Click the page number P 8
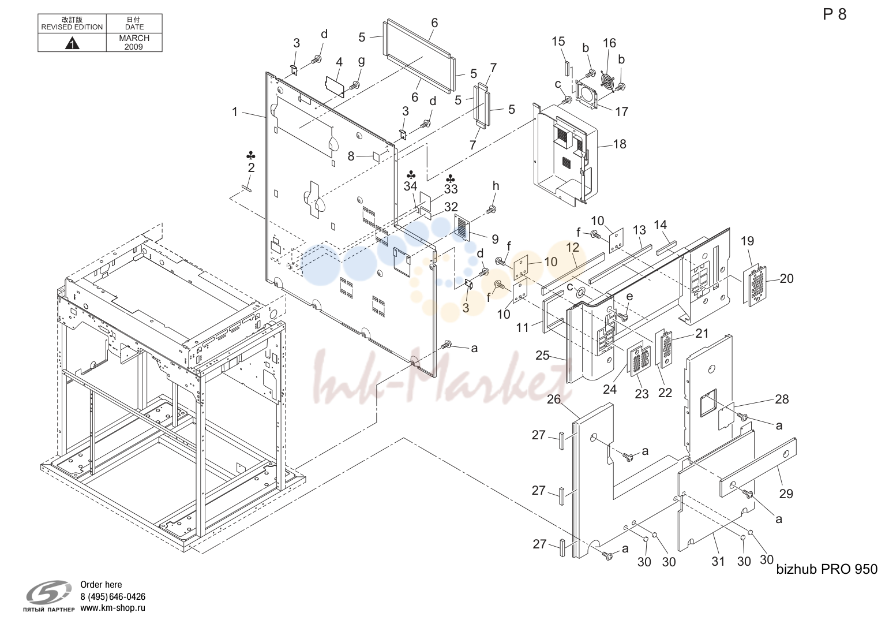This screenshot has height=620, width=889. click(x=835, y=14)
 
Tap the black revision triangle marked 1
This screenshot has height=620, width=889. click(x=72, y=43)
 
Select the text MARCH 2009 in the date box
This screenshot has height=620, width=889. click(x=134, y=43)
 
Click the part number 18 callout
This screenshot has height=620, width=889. click(x=620, y=144)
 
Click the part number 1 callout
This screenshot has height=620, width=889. click(x=235, y=111)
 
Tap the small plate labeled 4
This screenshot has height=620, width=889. click(x=334, y=86)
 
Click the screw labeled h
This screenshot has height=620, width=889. click(x=493, y=209)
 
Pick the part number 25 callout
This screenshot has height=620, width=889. click(x=542, y=355)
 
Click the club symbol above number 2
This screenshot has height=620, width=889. click(x=251, y=155)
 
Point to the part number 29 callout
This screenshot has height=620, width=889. click(x=786, y=494)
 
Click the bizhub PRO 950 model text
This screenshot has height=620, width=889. click(x=827, y=569)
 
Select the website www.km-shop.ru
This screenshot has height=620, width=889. click(x=112, y=608)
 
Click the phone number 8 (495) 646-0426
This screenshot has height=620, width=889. click(x=112, y=596)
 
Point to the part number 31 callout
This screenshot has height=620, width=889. click(x=718, y=561)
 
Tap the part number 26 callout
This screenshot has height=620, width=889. click(x=553, y=399)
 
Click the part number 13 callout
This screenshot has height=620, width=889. click(x=639, y=230)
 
